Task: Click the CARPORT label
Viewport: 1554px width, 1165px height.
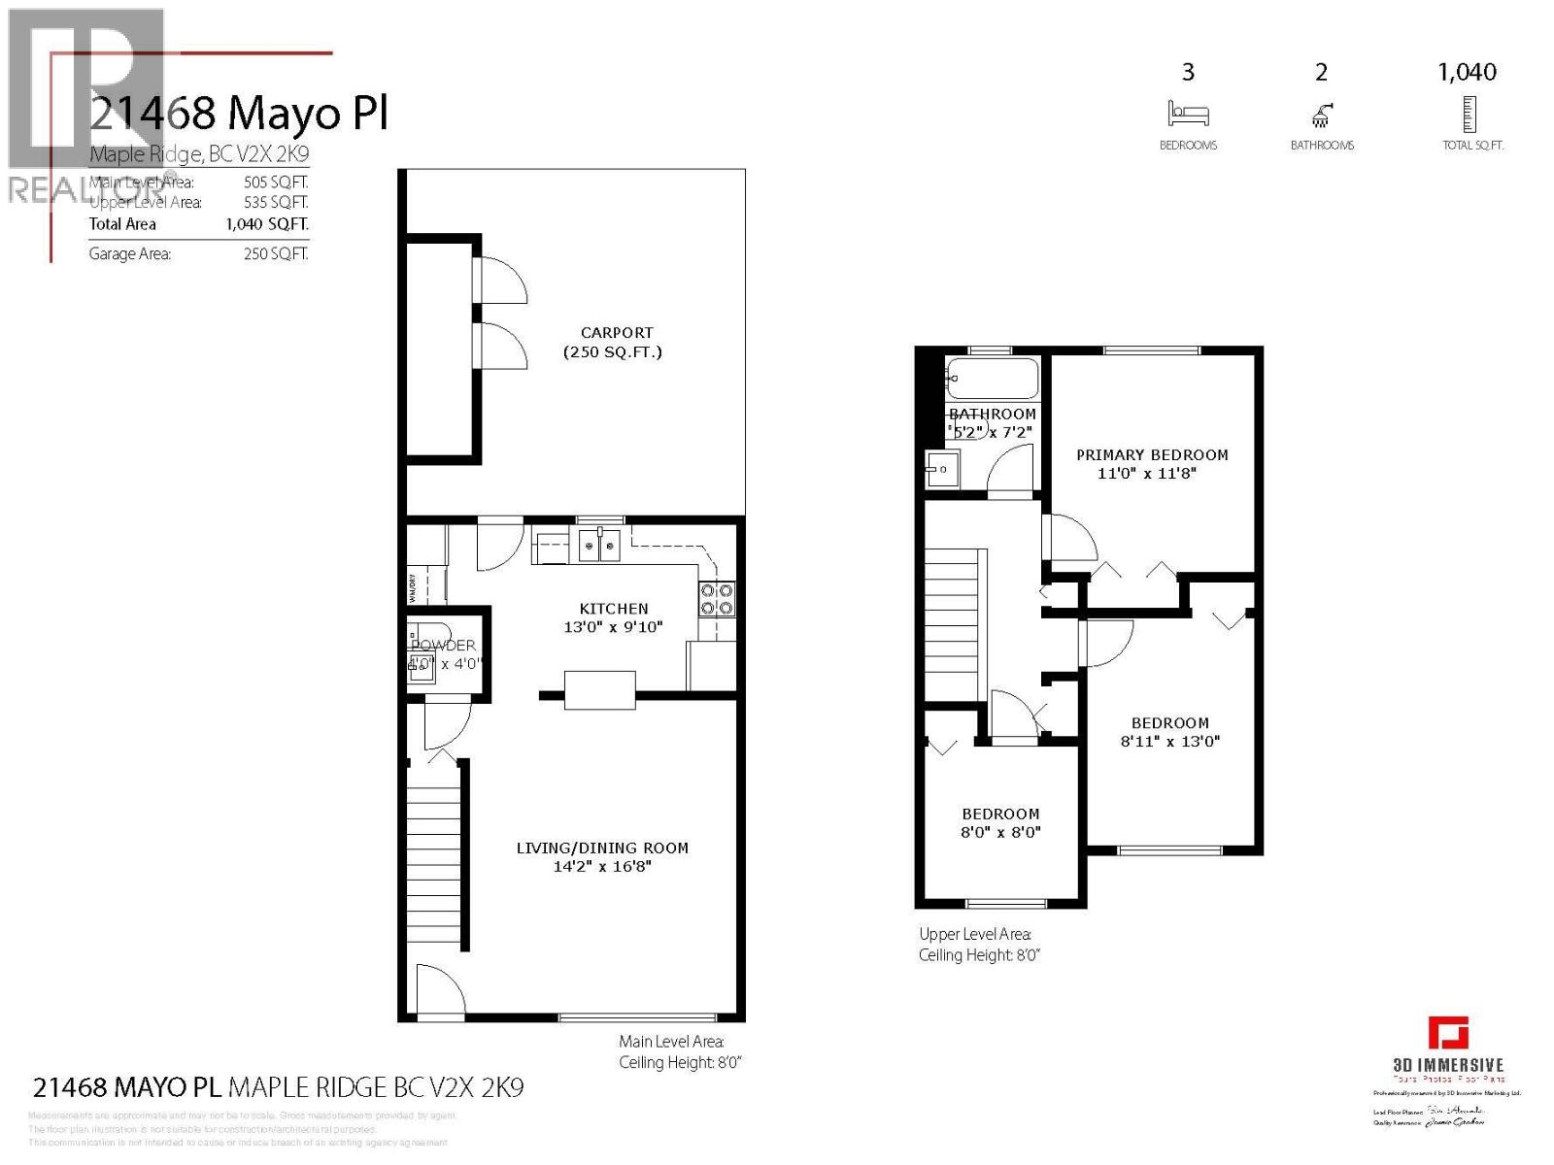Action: [x=616, y=333]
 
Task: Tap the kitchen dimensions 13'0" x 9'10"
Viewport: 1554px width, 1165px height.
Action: [x=613, y=627]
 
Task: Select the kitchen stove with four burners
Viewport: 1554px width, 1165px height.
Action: [x=717, y=599]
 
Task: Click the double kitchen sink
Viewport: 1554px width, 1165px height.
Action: [x=599, y=547]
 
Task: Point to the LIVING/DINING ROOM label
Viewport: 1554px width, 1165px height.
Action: [x=602, y=848]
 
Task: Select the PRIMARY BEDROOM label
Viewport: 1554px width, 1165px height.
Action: [x=1152, y=454]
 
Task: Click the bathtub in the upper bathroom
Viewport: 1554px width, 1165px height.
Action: [x=993, y=378]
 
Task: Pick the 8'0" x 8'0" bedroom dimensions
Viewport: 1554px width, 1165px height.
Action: [x=1000, y=832]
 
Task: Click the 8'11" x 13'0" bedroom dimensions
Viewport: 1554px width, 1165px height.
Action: [x=1169, y=741]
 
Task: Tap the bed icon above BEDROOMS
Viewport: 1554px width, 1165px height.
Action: [x=1188, y=115]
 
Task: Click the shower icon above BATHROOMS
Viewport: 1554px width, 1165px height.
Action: [x=1322, y=116]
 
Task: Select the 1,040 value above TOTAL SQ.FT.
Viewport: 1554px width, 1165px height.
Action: [x=1467, y=72]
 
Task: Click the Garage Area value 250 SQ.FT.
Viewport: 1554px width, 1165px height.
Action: [x=276, y=254]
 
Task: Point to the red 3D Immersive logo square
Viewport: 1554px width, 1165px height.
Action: [x=1447, y=1033]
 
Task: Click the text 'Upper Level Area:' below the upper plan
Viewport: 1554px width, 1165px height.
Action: [x=974, y=934]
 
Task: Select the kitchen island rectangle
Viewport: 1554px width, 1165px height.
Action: [x=600, y=689]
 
